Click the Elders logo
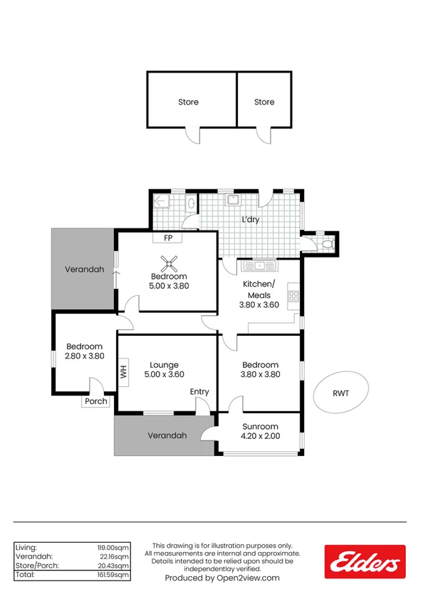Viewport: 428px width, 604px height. pyautogui.click(x=365, y=561)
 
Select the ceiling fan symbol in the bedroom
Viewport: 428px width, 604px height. pyautogui.click(x=169, y=266)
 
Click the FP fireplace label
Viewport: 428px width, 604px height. pyautogui.click(x=168, y=238)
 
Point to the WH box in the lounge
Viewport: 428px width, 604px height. pyautogui.click(x=123, y=372)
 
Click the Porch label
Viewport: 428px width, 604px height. pyautogui.click(x=96, y=401)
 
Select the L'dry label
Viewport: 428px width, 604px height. pyautogui.click(x=251, y=220)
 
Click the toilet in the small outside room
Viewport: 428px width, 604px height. pyautogui.click(x=327, y=244)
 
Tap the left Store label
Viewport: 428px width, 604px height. pyautogui.click(x=188, y=102)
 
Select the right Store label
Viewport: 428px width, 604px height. pyautogui.click(x=264, y=102)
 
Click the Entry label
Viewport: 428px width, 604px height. pyautogui.click(x=199, y=392)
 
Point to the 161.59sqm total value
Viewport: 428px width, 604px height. pyautogui.click(x=113, y=575)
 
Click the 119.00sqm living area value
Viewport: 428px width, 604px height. pyautogui.click(x=113, y=547)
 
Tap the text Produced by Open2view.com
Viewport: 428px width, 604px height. pyautogui.click(x=222, y=578)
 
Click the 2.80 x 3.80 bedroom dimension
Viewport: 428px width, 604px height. pyautogui.click(x=85, y=356)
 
